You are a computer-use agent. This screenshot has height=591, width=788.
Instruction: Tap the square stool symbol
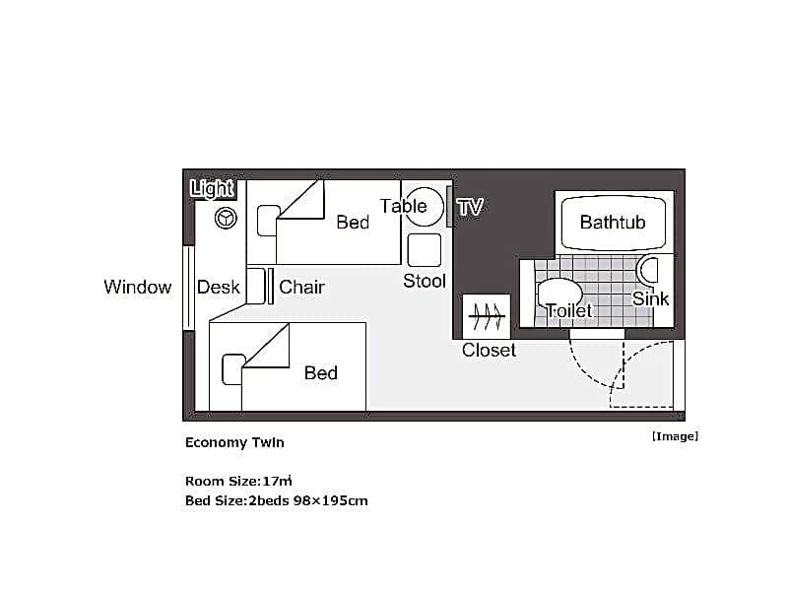tap(425, 250)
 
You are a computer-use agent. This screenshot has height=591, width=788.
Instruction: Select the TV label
tap(471, 207)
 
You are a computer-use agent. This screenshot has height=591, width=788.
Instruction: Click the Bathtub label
tap(613, 223)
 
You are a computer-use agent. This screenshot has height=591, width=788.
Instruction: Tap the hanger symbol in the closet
tap(487, 316)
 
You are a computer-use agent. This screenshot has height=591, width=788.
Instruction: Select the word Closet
tap(489, 351)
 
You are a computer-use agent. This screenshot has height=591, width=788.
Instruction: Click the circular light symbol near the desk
tap(226, 219)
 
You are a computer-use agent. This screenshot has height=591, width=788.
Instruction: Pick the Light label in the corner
tap(212, 189)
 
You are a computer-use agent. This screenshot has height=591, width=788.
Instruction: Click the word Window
tap(138, 287)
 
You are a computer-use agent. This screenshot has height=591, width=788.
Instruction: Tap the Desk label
tap(219, 287)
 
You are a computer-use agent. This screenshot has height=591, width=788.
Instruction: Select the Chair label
tap(301, 287)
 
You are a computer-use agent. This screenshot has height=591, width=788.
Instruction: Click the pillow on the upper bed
tap(268, 220)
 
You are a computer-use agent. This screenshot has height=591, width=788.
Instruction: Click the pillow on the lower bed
tap(232, 369)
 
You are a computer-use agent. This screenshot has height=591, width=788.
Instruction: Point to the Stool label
tap(425, 281)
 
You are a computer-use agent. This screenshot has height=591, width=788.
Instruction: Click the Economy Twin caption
tap(234, 442)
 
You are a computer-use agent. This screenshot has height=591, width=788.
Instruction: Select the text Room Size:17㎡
tap(238, 481)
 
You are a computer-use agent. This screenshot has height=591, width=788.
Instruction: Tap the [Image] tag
tap(675, 436)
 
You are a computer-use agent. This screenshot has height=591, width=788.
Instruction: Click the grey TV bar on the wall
tap(449, 207)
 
